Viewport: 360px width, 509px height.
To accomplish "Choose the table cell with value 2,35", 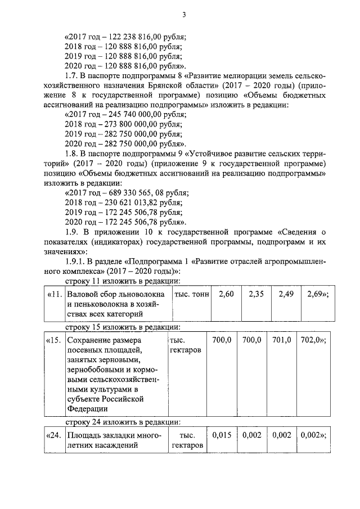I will pyautogui.click(x=256, y=295).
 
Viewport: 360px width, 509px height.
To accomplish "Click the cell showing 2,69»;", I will pyautogui.click(x=315, y=295).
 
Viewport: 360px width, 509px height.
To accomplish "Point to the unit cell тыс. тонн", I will pyautogui.click(x=190, y=295).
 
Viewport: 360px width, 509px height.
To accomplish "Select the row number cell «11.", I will pyautogui.click(x=54, y=295).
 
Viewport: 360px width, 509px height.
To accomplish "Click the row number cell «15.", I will pyautogui.click(x=54, y=340).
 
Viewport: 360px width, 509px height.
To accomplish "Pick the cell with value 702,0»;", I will pyautogui.click(x=315, y=340).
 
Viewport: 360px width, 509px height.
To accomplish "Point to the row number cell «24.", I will pyautogui.click(x=54, y=435).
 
